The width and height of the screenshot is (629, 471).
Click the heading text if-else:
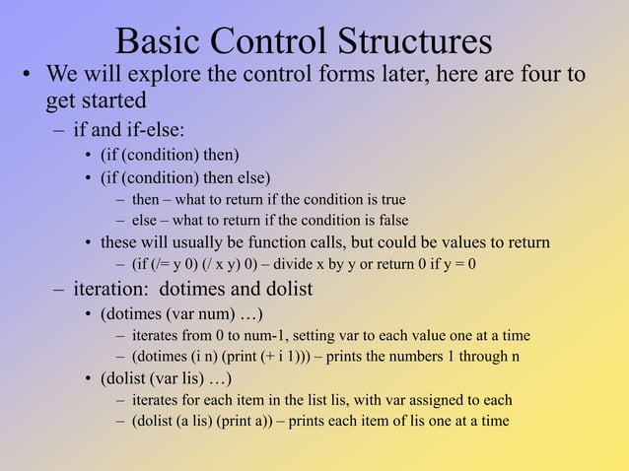point(153,130)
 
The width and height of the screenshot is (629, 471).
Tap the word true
point(389,200)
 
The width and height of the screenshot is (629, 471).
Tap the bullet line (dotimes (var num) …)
point(180,315)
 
